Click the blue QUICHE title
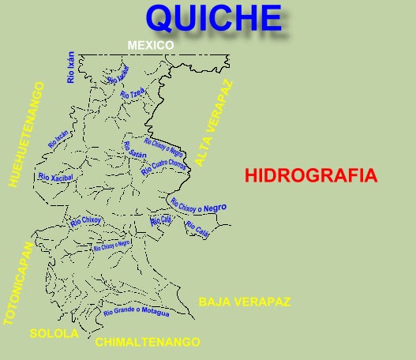213,19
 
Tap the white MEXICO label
151,46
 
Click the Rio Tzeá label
133,92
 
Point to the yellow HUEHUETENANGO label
26,135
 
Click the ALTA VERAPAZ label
215,122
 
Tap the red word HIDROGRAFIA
311,175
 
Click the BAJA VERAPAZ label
245,302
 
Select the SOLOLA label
54,333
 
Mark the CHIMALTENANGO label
148,343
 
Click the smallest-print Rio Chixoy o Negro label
111,246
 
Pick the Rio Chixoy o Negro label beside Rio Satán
164,148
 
